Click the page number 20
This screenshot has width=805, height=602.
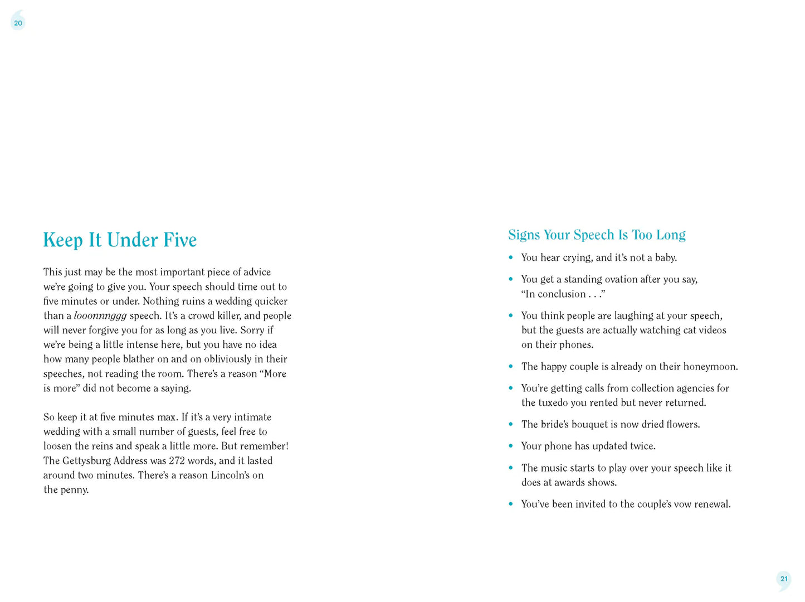[18, 23]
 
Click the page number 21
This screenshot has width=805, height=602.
[784, 579]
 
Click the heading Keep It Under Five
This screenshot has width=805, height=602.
[120, 240]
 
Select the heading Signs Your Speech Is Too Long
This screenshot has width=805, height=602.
[597, 235]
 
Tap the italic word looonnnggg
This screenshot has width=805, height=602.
[100, 316]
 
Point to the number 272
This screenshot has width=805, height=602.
[177, 461]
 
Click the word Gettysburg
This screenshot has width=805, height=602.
[86, 461]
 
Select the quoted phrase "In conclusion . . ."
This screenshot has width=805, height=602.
[563, 294]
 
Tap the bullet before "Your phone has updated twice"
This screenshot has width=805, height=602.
[511, 446]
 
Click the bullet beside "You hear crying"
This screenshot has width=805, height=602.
[511, 258]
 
